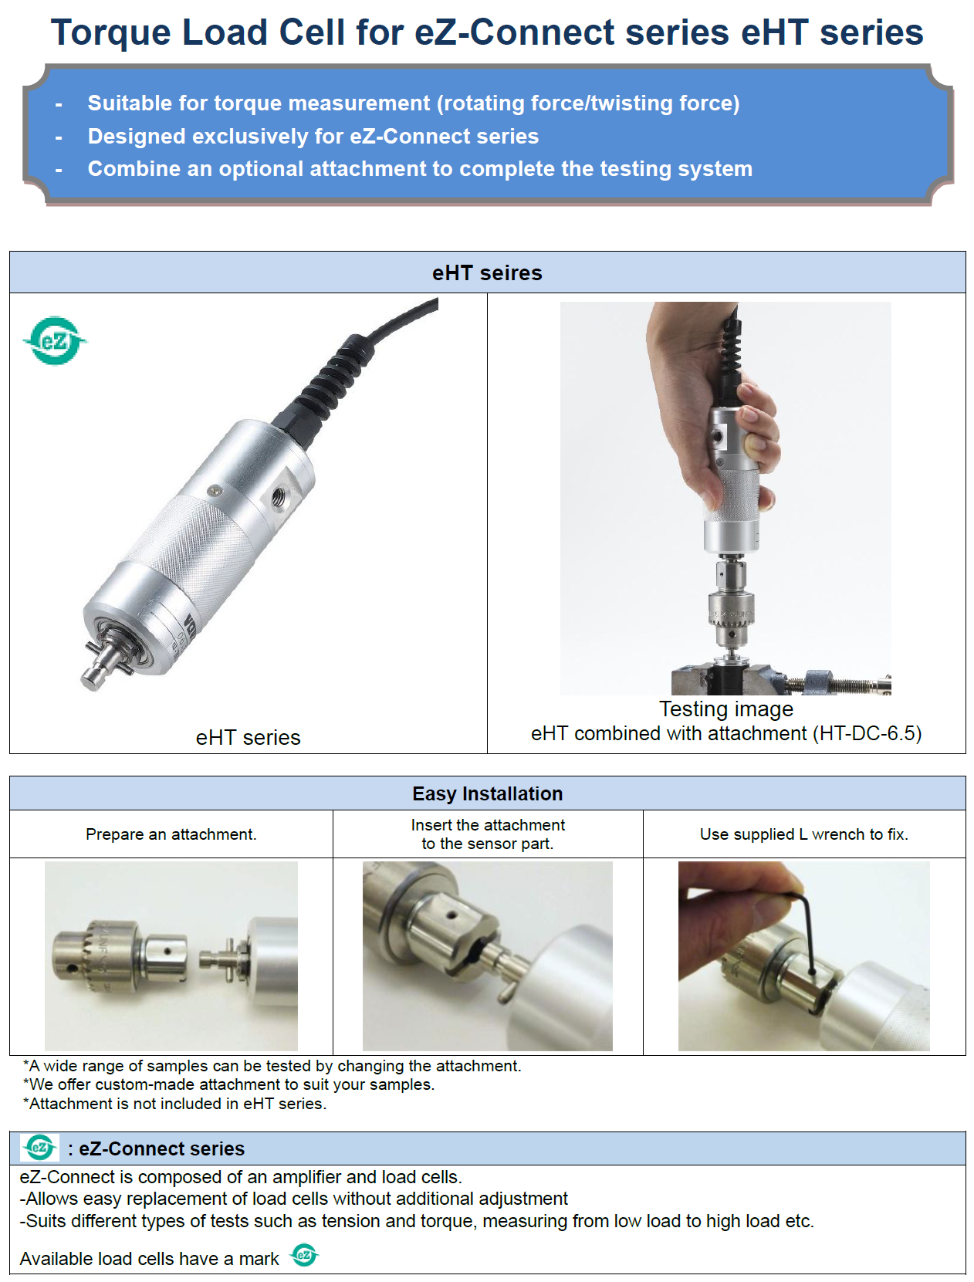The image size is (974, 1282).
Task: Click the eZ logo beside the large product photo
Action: (55, 340)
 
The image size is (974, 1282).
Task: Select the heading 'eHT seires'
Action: (487, 272)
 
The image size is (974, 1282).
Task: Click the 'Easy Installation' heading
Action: (487, 793)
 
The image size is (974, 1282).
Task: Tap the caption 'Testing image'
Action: (725, 709)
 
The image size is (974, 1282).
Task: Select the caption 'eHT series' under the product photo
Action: (249, 737)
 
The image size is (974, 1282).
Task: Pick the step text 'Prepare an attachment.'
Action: (171, 834)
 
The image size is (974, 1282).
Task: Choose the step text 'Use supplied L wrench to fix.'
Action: (803, 834)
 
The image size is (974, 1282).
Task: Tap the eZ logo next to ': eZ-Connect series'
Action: (39, 1148)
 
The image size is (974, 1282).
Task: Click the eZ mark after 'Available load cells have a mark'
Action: (303, 1254)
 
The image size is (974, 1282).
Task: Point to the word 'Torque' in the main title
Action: (111, 32)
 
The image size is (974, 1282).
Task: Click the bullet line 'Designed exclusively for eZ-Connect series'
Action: (313, 136)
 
